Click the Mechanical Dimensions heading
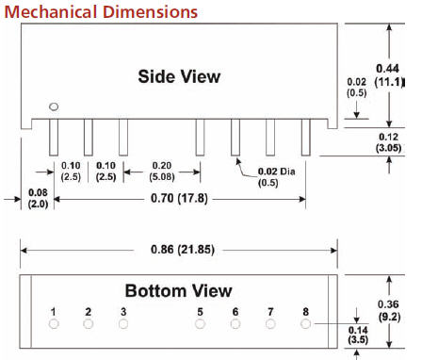pos(101,12)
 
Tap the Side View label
pos(179,76)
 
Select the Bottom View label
pos(178,291)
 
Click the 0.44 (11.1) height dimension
pos(389,75)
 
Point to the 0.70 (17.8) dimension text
pos(179,199)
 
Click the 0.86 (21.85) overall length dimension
pos(183,250)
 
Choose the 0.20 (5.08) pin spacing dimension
pos(162,172)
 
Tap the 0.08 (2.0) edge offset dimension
pos(38,198)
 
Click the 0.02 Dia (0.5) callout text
pos(276,177)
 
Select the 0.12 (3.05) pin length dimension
pos(389,142)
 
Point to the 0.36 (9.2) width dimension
pos(389,311)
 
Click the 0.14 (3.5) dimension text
pos(358,335)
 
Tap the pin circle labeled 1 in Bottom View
pos(54,324)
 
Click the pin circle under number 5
pos(200,324)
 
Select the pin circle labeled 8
pos(305,324)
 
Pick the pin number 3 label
pos(123,312)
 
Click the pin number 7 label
pos(270,312)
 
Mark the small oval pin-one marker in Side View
pos(54,106)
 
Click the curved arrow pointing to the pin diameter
pos(244,169)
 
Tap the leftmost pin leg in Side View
pos(54,138)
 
